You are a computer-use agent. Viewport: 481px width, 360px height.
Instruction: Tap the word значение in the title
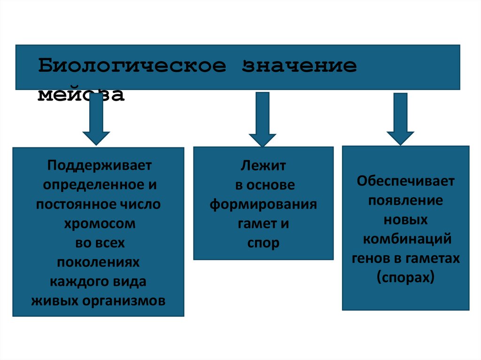pyautogui.click(x=299, y=66)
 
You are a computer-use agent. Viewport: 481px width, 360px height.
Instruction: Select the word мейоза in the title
pyautogui.click(x=81, y=95)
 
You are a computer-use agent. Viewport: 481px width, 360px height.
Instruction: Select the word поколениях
pyautogui.click(x=99, y=262)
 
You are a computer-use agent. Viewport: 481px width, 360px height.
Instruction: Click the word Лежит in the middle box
pyautogui.click(x=263, y=165)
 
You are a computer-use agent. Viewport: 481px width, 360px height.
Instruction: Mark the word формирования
pyautogui.click(x=263, y=205)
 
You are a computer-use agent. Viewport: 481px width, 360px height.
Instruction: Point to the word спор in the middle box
pyautogui.click(x=263, y=243)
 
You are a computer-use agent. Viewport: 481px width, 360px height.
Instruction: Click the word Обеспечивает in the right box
pyautogui.click(x=405, y=181)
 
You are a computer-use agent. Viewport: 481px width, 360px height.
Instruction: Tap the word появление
pyautogui.click(x=405, y=200)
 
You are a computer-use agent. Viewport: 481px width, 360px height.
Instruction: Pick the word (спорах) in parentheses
pyautogui.click(x=405, y=278)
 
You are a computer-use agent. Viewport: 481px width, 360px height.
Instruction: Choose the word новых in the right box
pyautogui.click(x=405, y=220)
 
